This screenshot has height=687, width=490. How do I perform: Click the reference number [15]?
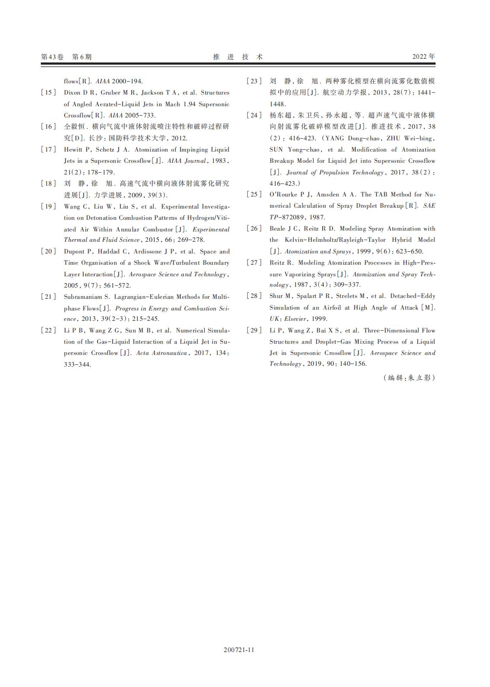pos(48,93)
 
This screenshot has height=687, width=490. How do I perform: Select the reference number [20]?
pos(48,252)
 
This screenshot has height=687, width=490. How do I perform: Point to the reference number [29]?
pos(254,331)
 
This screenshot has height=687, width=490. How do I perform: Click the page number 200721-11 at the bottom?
pos(239,650)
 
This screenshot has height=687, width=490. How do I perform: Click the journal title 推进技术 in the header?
pos(238,57)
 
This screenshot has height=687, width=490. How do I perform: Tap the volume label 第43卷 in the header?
pos(52,57)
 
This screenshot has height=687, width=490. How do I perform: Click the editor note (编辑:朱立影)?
pos(409,378)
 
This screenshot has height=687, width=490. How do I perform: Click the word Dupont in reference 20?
pos(74,252)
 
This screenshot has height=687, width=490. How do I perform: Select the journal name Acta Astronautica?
pos(162,353)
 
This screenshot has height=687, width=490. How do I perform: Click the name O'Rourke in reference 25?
pos(283,195)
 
